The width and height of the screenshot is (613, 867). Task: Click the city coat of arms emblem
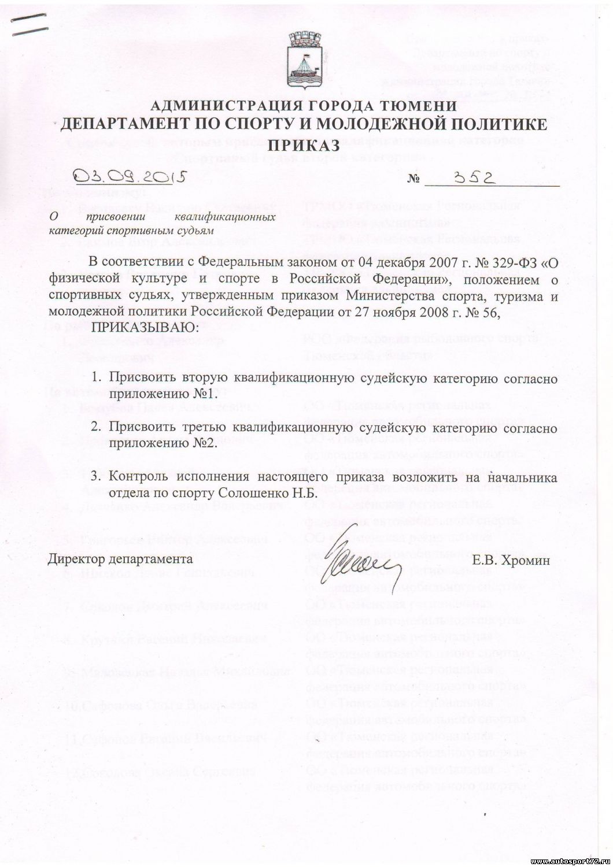click(306, 58)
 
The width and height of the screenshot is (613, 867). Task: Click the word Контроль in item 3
click(139, 477)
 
